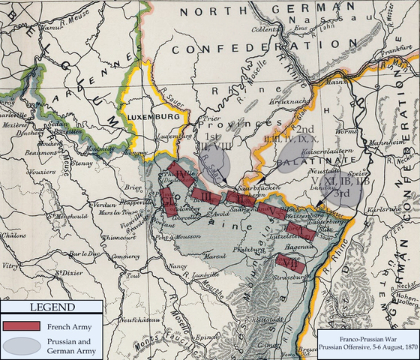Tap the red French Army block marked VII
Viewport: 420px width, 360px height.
click(x=289, y=262)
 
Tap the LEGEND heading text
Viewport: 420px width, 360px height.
click(x=51, y=307)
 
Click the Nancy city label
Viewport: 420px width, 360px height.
click(x=177, y=266)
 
